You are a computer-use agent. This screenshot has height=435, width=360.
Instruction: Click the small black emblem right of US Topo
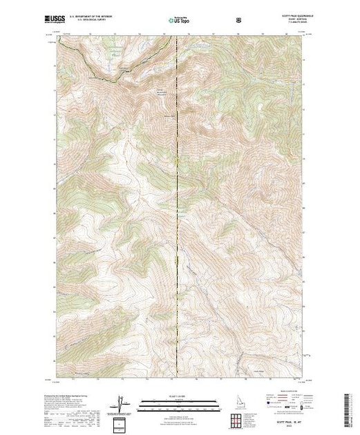pyautogui.click(x=238, y=19)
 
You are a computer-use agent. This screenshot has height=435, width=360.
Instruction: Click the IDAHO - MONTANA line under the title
pyautogui.click(x=293, y=19)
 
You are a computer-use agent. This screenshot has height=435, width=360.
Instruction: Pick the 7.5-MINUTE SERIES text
pyautogui.click(x=292, y=23)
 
